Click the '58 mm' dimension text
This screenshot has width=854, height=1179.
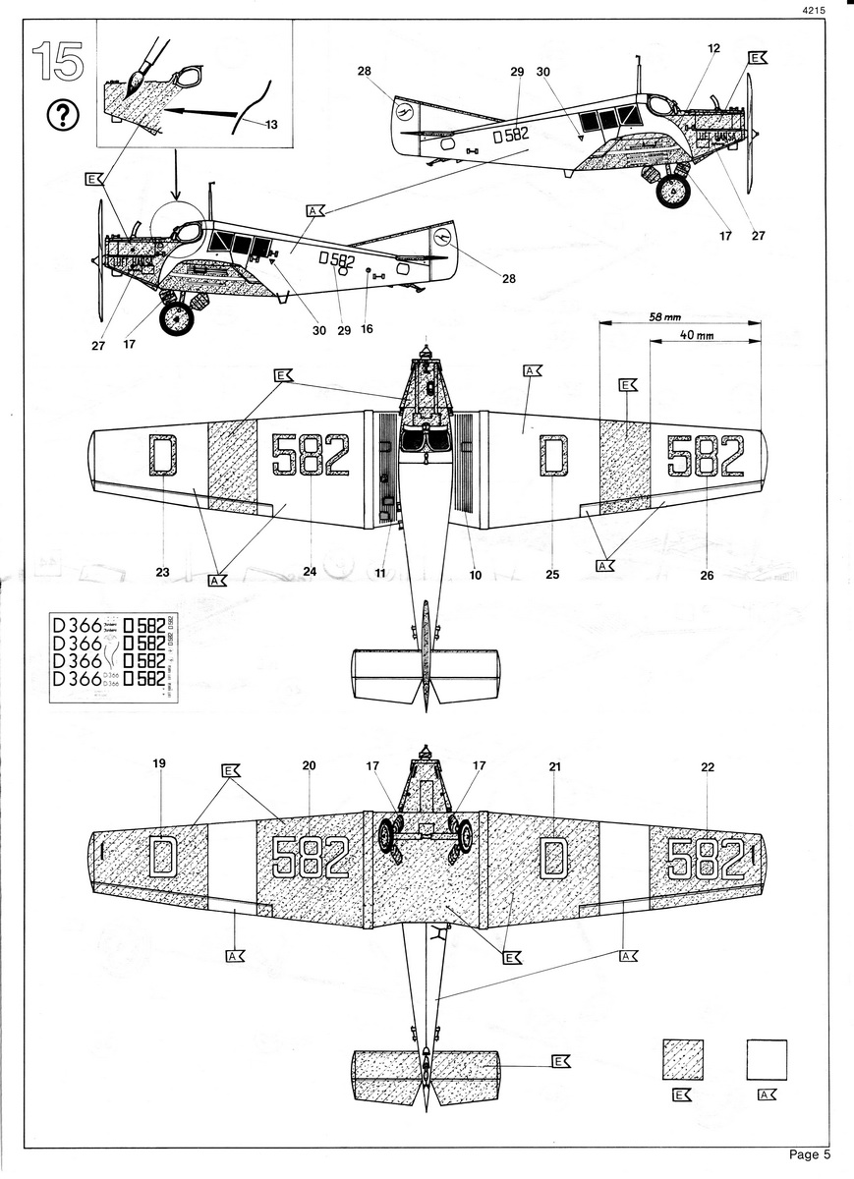click(x=666, y=316)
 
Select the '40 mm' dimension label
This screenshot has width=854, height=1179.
click(x=695, y=335)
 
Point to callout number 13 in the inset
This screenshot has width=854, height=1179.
click(x=271, y=124)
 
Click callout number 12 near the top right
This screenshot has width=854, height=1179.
click(x=712, y=47)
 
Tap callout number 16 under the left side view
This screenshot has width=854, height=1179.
click(x=367, y=330)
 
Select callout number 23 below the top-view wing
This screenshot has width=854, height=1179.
click(x=163, y=570)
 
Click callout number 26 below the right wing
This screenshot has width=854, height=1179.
click(x=706, y=576)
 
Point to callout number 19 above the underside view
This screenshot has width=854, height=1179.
click(x=160, y=763)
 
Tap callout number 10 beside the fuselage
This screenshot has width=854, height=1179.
click(x=475, y=574)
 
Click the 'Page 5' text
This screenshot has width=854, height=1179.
click(x=810, y=1153)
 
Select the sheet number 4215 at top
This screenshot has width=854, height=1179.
click(x=813, y=10)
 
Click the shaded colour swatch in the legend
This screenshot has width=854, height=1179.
click(x=682, y=1061)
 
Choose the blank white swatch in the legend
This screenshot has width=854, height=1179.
click(x=767, y=1061)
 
